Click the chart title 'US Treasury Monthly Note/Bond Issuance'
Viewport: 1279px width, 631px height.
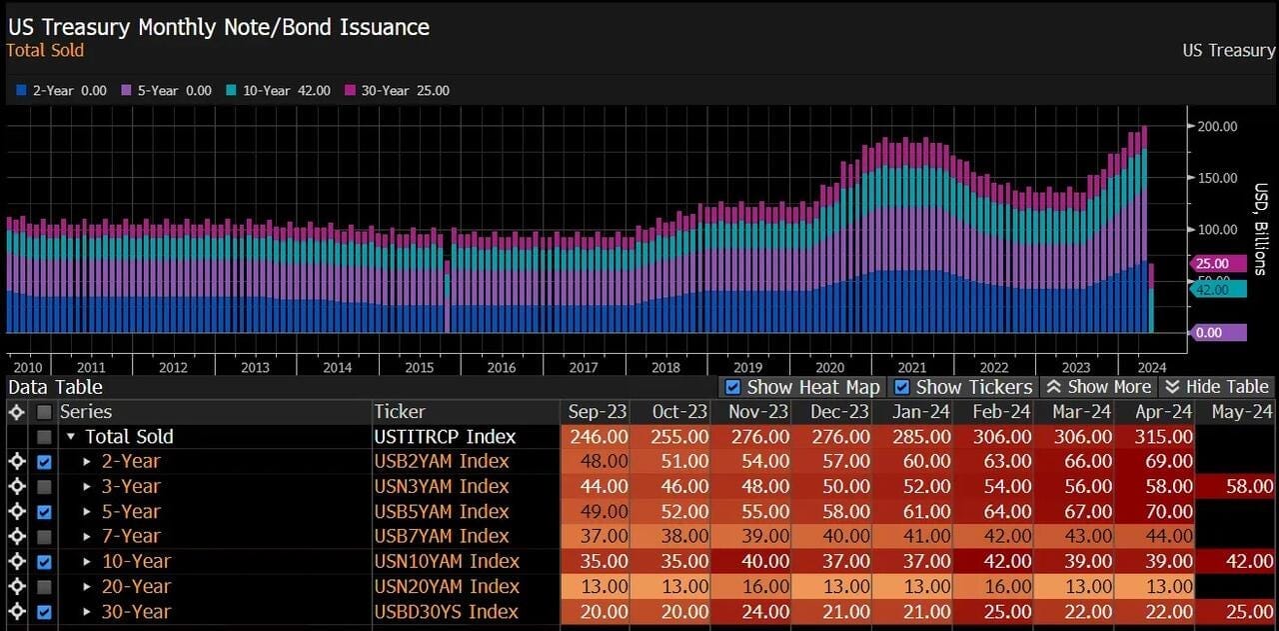click(x=219, y=27)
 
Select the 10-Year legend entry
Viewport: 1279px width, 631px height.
click(x=278, y=90)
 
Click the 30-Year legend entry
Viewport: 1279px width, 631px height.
click(x=397, y=90)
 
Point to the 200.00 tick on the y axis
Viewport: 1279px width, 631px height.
click(x=1217, y=126)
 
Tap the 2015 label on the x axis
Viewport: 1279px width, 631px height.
click(x=419, y=368)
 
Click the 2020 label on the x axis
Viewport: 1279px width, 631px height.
click(x=829, y=368)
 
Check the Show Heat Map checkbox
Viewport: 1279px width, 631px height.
click(x=732, y=388)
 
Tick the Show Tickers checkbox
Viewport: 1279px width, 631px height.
click(x=901, y=388)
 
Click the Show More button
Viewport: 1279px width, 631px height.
click(x=1099, y=387)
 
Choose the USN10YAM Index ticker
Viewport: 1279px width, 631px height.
click(x=447, y=561)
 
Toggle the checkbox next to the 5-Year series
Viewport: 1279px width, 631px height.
click(x=44, y=512)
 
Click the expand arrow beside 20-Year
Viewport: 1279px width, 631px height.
click(x=87, y=586)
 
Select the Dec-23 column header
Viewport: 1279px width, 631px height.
click(x=839, y=412)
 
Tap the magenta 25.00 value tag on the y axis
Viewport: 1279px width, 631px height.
click(x=1217, y=263)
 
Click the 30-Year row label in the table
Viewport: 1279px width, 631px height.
click(x=136, y=612)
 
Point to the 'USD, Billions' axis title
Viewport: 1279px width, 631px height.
click(x=1261, y=229)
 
